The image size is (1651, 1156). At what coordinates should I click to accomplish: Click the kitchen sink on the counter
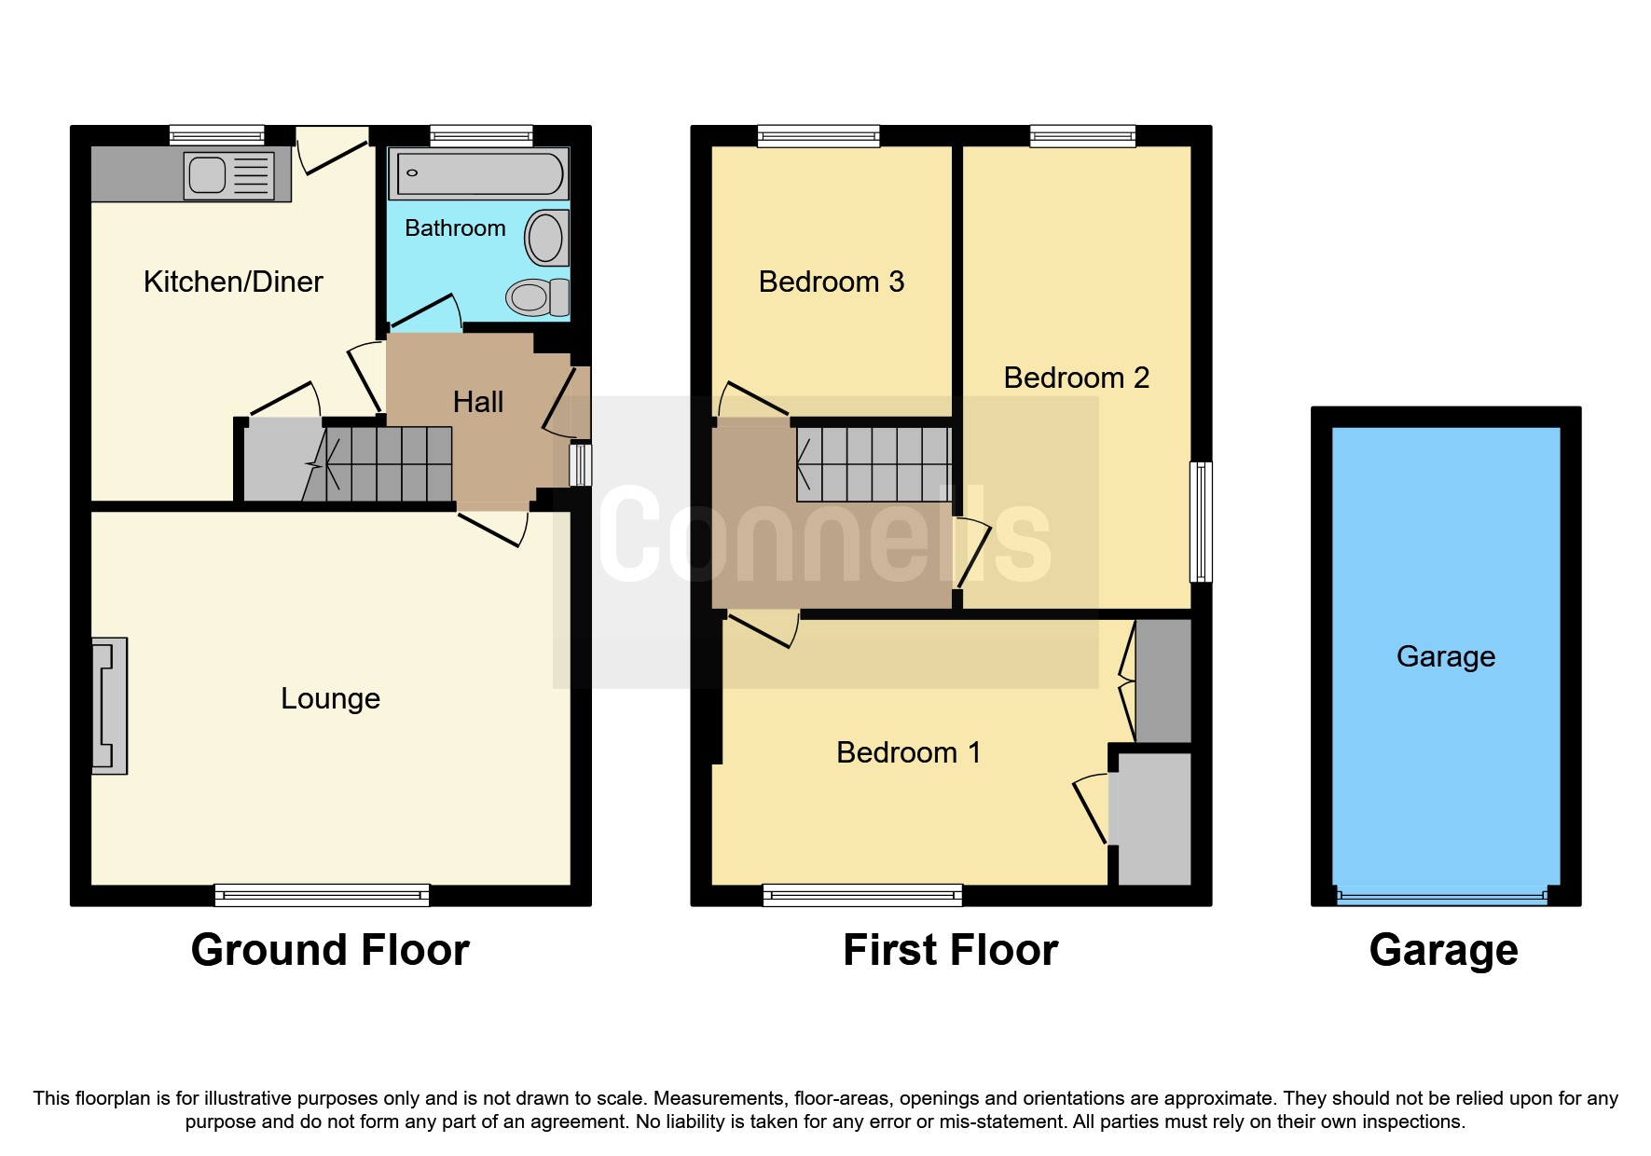[229, 175]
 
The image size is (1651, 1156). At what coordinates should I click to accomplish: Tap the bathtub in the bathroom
[479, 173]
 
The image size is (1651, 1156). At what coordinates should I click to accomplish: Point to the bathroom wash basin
[545, 238]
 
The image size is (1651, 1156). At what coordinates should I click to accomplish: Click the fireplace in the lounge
[109, 706]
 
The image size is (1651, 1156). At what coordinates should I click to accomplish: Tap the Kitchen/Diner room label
[233, 282]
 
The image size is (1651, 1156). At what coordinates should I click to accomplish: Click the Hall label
[478, 402]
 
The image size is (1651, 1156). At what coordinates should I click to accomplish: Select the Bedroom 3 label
[832, 282]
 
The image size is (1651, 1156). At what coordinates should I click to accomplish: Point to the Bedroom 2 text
[1076, 378]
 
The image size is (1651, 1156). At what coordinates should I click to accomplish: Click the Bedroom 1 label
[908, 752]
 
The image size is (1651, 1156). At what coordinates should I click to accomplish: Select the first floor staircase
[874, 463]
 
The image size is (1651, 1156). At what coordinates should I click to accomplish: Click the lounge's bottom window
[322, 896]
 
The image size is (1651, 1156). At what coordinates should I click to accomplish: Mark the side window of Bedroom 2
[1202, 521]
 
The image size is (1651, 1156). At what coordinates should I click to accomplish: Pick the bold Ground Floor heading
[330, 950]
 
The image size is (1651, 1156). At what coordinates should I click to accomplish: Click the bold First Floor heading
[950, 950]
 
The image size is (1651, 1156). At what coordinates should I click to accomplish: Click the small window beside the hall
[580, 464]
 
